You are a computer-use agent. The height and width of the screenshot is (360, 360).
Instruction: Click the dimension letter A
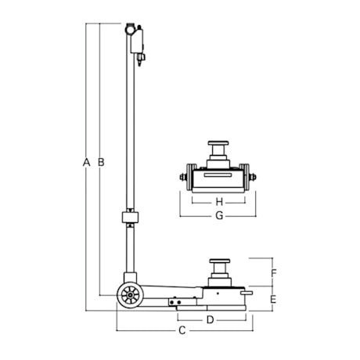(86, 162)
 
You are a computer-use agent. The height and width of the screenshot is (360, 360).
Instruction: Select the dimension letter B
(101, 162)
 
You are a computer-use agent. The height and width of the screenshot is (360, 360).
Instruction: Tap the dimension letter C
(182, 330)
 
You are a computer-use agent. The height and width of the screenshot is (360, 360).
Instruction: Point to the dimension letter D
(210, 320)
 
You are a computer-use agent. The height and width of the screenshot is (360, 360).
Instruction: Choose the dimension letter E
(273, 299)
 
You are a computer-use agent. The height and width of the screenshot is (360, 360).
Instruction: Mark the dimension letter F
(273, 273)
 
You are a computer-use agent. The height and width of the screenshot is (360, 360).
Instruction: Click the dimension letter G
(219, 216)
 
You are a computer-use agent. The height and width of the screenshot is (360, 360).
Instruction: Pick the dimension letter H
(219, 202)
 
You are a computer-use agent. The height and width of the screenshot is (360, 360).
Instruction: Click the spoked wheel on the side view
(130, 295)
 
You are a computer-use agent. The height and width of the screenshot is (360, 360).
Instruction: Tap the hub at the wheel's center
(130, 295)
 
